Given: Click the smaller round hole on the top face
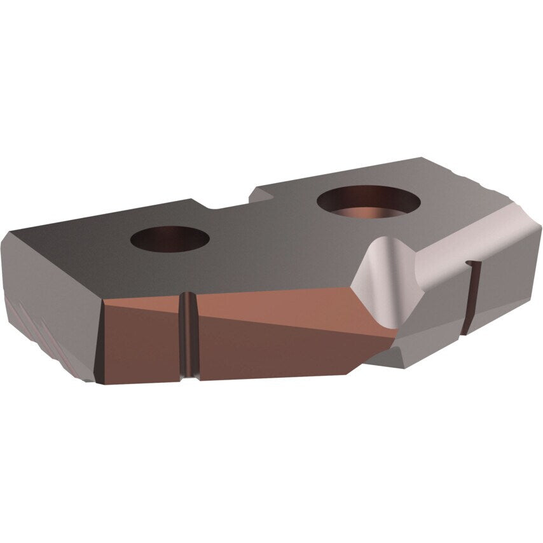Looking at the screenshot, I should pos(169,239).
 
